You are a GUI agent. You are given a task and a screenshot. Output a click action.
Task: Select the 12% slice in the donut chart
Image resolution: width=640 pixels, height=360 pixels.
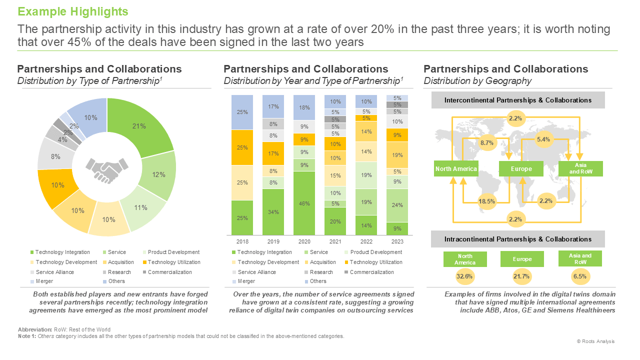point(158,175)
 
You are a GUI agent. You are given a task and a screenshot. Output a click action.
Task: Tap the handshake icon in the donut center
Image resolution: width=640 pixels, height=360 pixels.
point(107,170)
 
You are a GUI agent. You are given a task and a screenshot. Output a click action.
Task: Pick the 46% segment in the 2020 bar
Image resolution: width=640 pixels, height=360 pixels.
point(304,203)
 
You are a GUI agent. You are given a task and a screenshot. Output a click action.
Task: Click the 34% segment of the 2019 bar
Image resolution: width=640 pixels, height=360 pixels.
point(273,212)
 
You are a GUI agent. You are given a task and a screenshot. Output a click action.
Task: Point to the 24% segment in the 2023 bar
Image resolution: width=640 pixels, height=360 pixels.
point(397,205)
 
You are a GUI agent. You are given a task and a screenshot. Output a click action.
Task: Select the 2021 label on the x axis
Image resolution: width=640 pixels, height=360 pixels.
point(335,241)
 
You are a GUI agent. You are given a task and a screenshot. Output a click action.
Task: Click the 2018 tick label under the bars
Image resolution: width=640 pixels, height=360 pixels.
point(242,241)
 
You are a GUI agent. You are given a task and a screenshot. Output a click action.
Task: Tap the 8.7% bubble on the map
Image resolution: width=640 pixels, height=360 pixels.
point(487,143)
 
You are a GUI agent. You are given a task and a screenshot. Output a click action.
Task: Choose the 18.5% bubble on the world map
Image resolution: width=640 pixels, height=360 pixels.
point(487,201)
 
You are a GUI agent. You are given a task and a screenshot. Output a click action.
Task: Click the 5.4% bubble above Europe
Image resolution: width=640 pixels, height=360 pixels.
point(543,139)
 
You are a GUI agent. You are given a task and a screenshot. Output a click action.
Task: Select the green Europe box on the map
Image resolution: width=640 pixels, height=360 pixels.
point(521,168)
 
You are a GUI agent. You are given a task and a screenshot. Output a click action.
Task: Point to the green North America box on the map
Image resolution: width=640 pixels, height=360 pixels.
point(456,168)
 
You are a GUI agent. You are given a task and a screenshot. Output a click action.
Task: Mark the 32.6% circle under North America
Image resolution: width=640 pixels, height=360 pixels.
point(464,276)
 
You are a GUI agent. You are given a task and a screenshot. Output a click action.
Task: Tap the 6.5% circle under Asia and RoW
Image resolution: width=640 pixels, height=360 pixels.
point(580,276)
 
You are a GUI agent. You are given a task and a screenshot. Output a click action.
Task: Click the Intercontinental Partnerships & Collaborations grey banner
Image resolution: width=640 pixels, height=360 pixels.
point(518,100)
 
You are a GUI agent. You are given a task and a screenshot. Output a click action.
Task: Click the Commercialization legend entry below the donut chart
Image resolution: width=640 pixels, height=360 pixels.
point(167,272)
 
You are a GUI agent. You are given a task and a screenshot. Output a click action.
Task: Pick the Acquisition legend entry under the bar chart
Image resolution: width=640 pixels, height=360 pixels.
point(320,262)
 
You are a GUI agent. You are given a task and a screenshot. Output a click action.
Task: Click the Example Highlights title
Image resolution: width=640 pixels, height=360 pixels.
point(73,11)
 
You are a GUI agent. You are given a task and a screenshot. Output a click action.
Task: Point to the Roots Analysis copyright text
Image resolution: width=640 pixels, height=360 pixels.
point(595,341)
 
